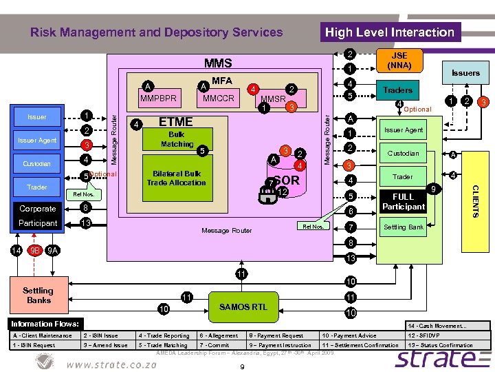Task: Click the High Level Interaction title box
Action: click(390, 32)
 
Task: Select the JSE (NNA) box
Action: click(399, 61)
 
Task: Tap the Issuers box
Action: click(465, 73)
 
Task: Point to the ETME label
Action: click(175, 122)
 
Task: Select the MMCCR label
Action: click(219, 99)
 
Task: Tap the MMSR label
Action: click(273, 99)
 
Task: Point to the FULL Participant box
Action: click(403, 201)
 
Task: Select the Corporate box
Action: click(38, 208)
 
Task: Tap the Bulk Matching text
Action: click(177, 139)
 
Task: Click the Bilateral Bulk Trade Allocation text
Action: click(176, 178)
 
